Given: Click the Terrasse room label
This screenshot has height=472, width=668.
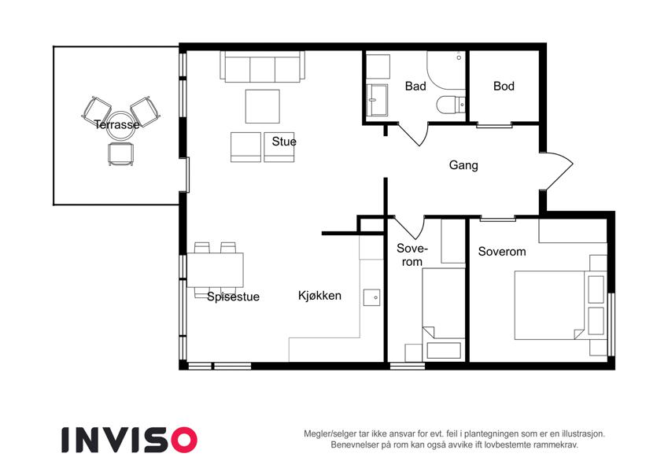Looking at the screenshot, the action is coord(116,124).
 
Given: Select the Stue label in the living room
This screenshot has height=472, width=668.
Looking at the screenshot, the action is coord(284,142).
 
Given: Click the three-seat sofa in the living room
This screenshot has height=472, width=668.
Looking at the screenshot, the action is coord(263,66).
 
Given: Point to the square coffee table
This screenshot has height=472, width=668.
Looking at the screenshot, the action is coord(263,106).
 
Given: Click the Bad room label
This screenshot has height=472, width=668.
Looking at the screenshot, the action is coord(415,86).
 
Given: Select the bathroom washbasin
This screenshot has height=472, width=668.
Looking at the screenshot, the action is coord(377,100).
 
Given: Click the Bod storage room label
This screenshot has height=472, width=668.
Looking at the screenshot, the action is coord(504,86).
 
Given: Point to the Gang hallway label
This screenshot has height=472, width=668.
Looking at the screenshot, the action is coord(463,165).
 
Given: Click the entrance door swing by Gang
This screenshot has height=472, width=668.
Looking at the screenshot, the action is coord(559,171).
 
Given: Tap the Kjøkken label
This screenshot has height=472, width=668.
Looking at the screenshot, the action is coord(319,295).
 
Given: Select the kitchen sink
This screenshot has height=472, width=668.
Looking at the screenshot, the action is coord(372,297).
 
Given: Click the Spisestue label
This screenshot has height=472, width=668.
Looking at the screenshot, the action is coord(233,297).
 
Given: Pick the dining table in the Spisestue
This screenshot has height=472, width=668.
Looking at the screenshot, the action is coord(215,270).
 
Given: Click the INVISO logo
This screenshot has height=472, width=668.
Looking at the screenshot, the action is coord(129,440).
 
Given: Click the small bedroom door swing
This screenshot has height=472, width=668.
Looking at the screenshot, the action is coord(410,228).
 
